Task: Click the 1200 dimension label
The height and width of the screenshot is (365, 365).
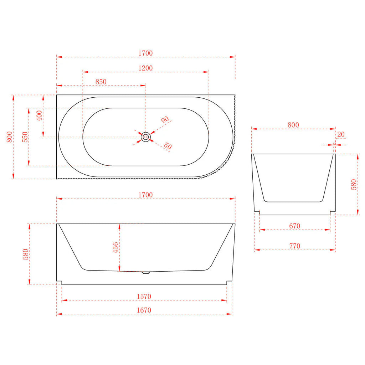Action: point(145,68)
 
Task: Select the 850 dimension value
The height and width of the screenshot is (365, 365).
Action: point(101,82)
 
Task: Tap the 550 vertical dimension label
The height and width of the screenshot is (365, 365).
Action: point(25,137)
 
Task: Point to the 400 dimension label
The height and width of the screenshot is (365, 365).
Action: point(39,116)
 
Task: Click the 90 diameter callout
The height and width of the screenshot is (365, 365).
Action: point(165,120)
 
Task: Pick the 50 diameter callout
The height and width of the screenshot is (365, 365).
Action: point(168,146)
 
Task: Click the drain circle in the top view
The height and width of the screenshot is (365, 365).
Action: point(146,137)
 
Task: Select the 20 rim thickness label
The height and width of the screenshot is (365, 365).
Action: point(341,134)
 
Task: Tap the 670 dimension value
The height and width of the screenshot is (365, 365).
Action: point(294,226)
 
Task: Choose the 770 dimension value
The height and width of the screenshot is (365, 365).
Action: point(294,246)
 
